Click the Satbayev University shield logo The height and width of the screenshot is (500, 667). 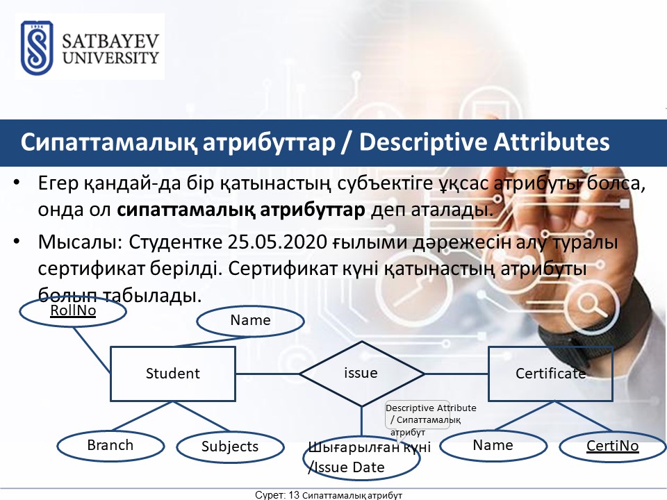pyautogui.click(x=37, y=48)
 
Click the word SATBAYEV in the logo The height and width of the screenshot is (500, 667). pyautogui.click(x=110, y=41)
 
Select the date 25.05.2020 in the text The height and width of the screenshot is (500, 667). pyautogui.click(x=277, y=242)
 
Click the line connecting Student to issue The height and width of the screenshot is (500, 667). pyautogui.click(x=267, y=374)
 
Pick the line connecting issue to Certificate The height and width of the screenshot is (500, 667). pyautogui.click(x=456, y=374)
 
